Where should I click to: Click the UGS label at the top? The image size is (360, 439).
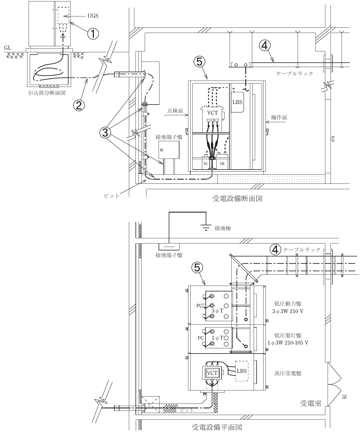pyautogui.click(x=93, y=16)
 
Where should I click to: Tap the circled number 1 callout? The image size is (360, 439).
pyautogui.click(x=93, y=34)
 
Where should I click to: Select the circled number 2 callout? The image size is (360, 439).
pyautogui.click(x=79, y=105)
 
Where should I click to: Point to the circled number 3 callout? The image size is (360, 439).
pyautogui.click(x=105, y=133)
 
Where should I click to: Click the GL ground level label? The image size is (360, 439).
pyautogui.click(x=8, y=48)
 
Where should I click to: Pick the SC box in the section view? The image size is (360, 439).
pyautogui.click(x=206, y=163)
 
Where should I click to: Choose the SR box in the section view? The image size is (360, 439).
pyautogui.click(x=222, y=163)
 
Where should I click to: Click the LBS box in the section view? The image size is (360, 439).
pyautogui.click(x=237, y=102)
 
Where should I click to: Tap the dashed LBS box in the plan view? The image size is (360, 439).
pyautogui.click(x=242, y=371)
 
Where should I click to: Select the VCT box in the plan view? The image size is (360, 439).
pyautogui.click(x=212, y=373)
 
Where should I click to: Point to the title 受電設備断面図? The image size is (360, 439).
pyautogui.click(x=237, y=199)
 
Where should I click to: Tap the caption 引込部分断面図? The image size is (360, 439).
pyautogui.click(x=47, y=93)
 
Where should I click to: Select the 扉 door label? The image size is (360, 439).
pyautogui.click(x=344, y=397)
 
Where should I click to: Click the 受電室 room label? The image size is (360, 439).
pyautogui.click(x=311, y=403)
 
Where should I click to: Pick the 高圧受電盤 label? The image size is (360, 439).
pyautogui.click(x=288, y=373)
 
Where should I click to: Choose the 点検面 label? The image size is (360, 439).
pyautogui.click(x=175, y=111)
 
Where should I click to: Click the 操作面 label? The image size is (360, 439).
pyautogui.click(x=279, y=117)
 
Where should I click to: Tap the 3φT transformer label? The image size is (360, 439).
pyautogui.click(x=217, y=311)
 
